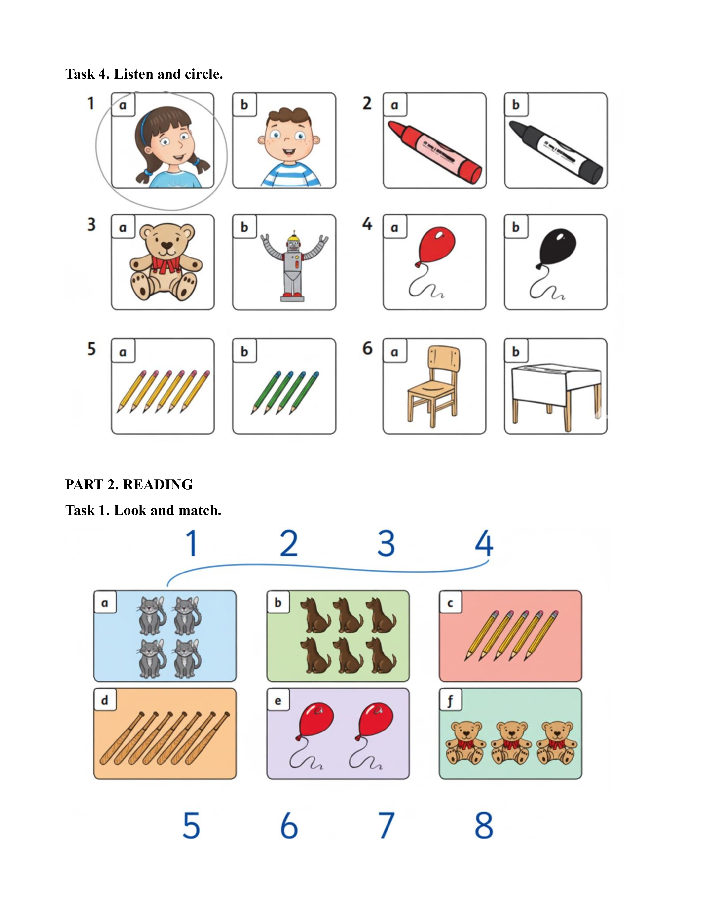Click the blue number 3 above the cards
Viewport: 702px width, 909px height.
click(386, 543)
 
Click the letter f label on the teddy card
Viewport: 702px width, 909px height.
click(450, 700)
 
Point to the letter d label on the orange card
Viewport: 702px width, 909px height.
click(104, 700)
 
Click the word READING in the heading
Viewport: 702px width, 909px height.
click(158, 485)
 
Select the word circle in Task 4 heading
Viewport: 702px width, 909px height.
click(204, 74)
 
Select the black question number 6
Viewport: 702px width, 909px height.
click(368, 348)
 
